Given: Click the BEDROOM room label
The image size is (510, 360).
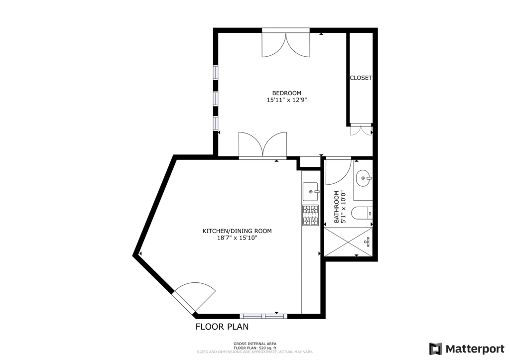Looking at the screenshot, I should click(286, 93).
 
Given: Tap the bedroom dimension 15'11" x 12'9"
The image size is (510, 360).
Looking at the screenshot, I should click(286, 100).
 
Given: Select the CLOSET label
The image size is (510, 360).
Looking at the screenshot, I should click(361, 78).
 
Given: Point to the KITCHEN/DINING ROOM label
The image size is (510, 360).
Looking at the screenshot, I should click(237, 231).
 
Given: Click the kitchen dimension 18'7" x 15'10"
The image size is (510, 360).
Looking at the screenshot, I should click(237, 238).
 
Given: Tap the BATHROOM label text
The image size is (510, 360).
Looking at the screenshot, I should click(337, 207).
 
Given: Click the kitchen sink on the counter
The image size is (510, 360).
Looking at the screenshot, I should click(311, 191).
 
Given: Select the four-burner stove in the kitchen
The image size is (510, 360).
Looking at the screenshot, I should click(310, 215).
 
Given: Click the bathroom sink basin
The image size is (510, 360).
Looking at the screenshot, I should click(363, 178).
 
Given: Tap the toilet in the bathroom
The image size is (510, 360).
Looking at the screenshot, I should click(361, 213).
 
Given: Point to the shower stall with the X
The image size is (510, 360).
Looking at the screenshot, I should click(349, 241).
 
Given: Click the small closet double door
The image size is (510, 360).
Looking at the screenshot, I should click(361, 129).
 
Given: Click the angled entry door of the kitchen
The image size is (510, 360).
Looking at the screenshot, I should click(192, 297).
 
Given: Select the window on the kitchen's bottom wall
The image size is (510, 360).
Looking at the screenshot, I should click(263, 316).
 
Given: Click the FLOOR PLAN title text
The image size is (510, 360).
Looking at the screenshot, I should click(222, 327).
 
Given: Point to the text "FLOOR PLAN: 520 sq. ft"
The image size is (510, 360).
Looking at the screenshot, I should click(255, 348).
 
